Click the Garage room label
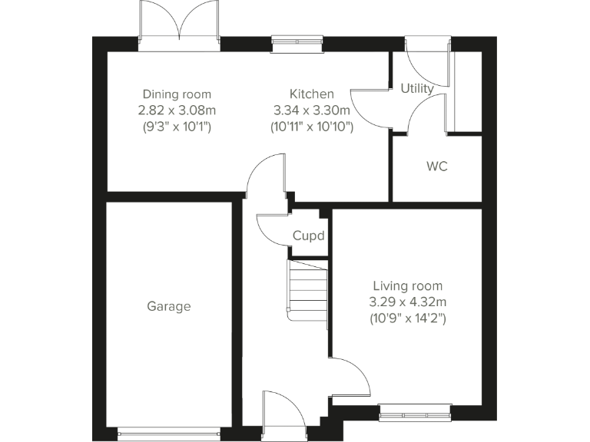tap(168, 306)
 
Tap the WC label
tap(436, 166)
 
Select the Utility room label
tap(417, 88)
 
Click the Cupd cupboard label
tap(308, 236)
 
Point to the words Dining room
tap(177, 94)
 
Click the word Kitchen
tap(311, 94)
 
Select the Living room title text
tap(407, 285)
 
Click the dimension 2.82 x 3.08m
tap(177, 110)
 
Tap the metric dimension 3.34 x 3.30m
tap(311, 110)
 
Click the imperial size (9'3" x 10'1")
tap(177, 125)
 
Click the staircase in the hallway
tap(307, 289)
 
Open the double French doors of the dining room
tap(179, 23)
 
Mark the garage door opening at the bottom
tap(168, 434)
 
